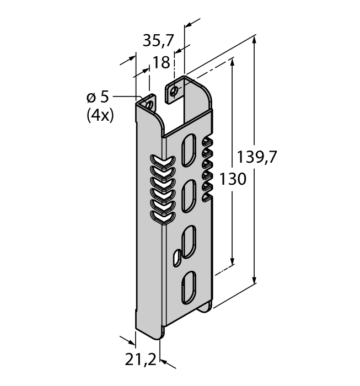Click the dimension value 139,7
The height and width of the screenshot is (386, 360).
tap(256, 157)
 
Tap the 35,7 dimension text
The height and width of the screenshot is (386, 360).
tap(158, 40)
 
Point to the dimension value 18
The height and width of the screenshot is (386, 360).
tap(161, 63)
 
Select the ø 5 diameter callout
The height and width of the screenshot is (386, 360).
tap(98, 97)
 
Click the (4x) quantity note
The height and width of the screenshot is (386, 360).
tap(100, 116)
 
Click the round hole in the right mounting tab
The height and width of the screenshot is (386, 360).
tap(175, 92)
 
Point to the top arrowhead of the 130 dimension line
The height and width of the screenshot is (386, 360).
tap(233, 62)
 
